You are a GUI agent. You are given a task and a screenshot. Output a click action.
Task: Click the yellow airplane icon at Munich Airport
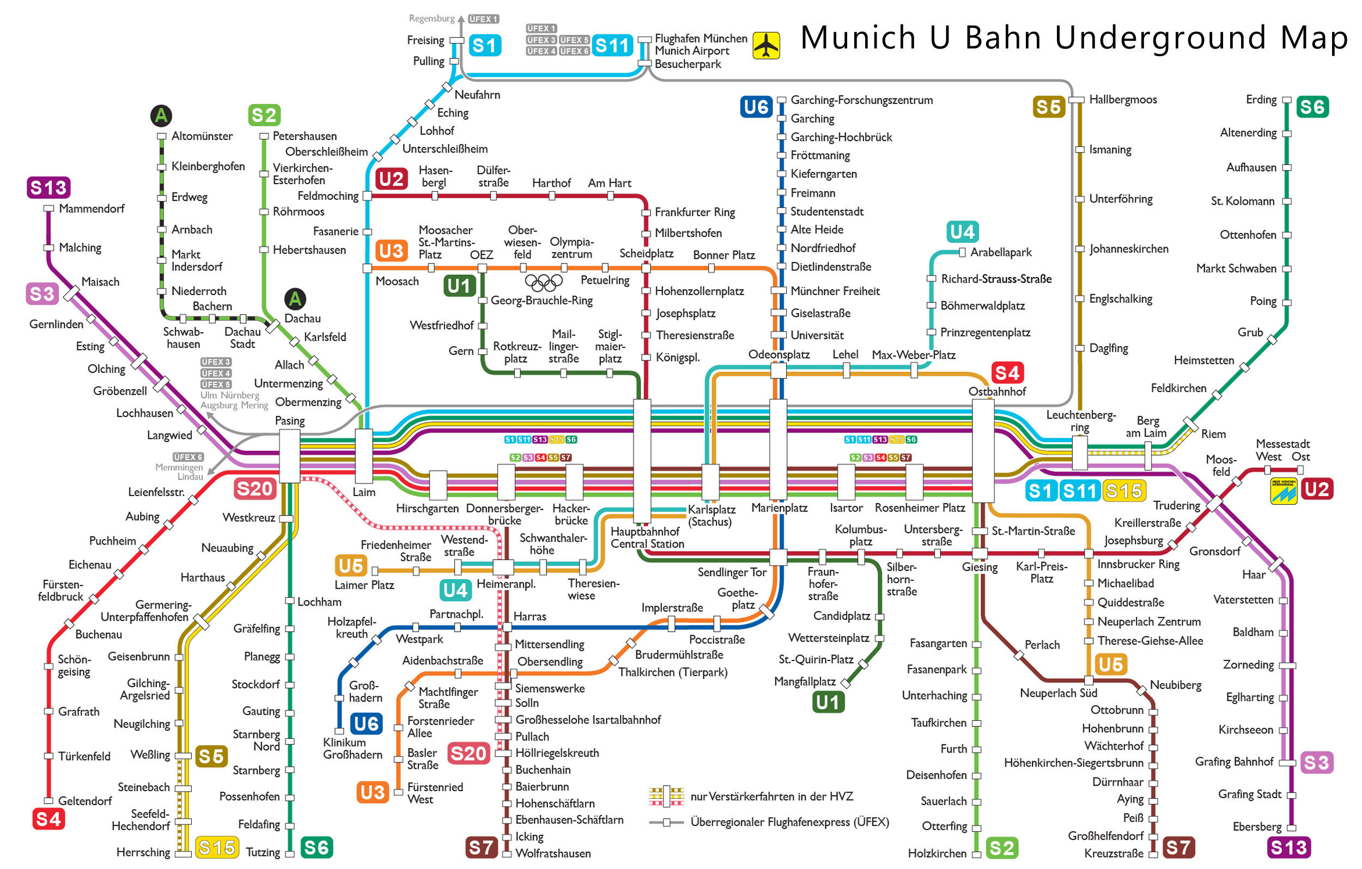pyautogui.click(x=766, y=45)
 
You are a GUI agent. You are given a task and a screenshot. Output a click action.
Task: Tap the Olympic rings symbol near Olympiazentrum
pyautogui.click(x=544, y=281)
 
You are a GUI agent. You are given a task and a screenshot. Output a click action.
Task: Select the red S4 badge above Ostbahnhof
pyautogui.click(x=1007, y=372)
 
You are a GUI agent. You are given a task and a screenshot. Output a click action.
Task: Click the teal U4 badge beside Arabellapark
pyautogui.click(x=962, y=231)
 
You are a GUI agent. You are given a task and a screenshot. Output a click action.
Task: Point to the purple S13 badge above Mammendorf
pyautogui.click(x=48, y=187)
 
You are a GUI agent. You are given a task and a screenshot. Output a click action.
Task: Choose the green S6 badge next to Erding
pyautogui.click(x=1312, y=107)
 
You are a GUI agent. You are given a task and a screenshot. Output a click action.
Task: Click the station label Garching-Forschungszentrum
pyautogui.click(x=861, y=100)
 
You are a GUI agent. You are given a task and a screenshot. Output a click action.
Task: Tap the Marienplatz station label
pyautogui.click(x=779, y=507)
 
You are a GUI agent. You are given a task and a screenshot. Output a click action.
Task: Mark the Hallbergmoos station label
pyautogui.click(x=1123, y=100)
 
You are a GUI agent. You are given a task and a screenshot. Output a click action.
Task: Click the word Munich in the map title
pyautogui.click(x=858, y=38)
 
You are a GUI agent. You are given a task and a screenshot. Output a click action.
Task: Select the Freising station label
pyautogui.click(x=425, y=40)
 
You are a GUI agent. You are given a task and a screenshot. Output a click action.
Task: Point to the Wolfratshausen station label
pyautogui.click(x=552, y=853)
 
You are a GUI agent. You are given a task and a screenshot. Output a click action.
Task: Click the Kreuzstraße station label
pyautogui.click(x=1113, y=853)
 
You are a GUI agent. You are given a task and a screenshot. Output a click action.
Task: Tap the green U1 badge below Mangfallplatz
pyautogui.click(x=828, y=702)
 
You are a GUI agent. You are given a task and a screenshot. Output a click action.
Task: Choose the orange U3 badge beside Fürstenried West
pyautogui.click(x=372, y=792)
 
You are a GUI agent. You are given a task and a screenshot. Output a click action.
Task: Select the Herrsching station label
pyautogui.click(x=143, y=852)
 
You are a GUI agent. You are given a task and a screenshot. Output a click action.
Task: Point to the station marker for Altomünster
pyautogui.click(x=161, y=136)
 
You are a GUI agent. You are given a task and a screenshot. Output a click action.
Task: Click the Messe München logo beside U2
pyautogui.click(x=1283, y=490)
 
